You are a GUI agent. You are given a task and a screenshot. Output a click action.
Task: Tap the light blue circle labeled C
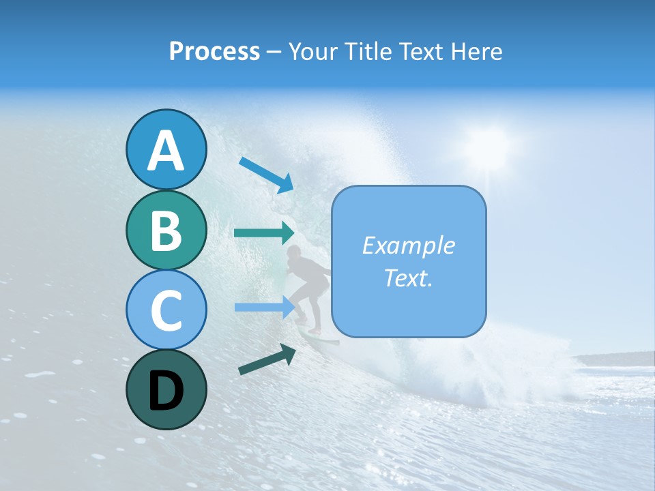tap(166, 309)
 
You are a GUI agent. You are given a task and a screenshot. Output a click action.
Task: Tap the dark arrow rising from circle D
tap(267, 359)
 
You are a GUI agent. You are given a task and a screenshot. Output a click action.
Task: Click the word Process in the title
tap(214, 51)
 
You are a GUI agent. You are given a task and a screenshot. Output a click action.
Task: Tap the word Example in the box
tap(408, 245)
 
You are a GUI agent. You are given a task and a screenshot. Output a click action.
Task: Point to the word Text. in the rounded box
tap(408, 278)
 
